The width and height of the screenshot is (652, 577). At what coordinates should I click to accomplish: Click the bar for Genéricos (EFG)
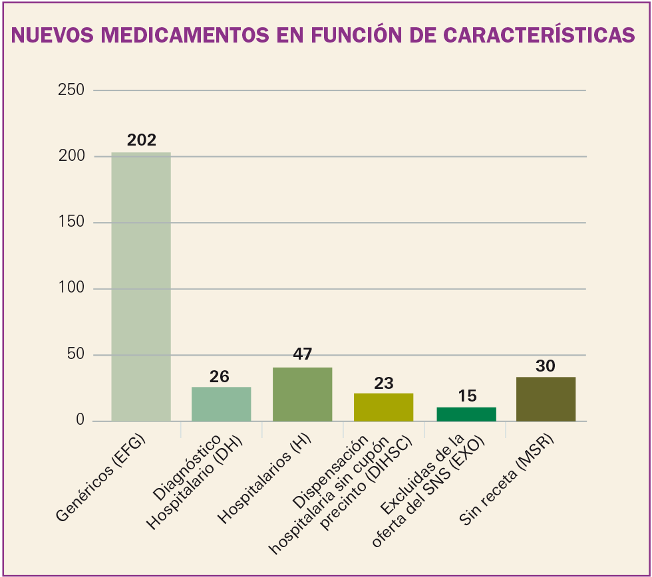click(x=141, y=287)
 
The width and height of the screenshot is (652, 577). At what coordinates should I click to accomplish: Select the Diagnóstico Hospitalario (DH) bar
click(x=222, y=404)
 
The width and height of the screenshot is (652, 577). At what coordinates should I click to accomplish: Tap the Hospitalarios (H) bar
click(x=303, y=394)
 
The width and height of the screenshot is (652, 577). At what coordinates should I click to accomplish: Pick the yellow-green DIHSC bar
click(x=383, y=407)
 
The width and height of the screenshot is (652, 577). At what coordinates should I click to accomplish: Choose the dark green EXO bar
click(x=466, y=413)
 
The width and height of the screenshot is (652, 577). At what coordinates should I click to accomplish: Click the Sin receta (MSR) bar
click(x=546, y=399)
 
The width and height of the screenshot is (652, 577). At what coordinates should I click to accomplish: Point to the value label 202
click(x=141, y=140)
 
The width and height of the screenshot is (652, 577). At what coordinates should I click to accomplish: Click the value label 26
click(x=220, y=377)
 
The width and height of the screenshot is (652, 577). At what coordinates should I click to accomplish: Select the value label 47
click(x=303, y=354)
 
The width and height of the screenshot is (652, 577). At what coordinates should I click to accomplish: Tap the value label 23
click(x=384, y=384)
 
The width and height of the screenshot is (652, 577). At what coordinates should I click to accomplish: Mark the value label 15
click(x=467, y=396)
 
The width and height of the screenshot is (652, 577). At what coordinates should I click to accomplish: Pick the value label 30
click(x=546, y=366)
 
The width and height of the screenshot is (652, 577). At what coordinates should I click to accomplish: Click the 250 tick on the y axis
click(x=71, y=90)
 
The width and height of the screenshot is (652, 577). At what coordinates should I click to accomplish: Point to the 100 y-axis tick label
click(x=71, y=288)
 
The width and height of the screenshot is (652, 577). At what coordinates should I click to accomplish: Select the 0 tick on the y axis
click(x=80, y=421)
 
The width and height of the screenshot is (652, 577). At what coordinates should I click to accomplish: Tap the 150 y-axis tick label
click(x=71, y=222)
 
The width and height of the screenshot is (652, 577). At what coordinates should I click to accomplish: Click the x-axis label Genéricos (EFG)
click(x=101, y=477)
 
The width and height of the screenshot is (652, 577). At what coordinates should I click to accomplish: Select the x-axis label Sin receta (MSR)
click(x=508, y=480)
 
